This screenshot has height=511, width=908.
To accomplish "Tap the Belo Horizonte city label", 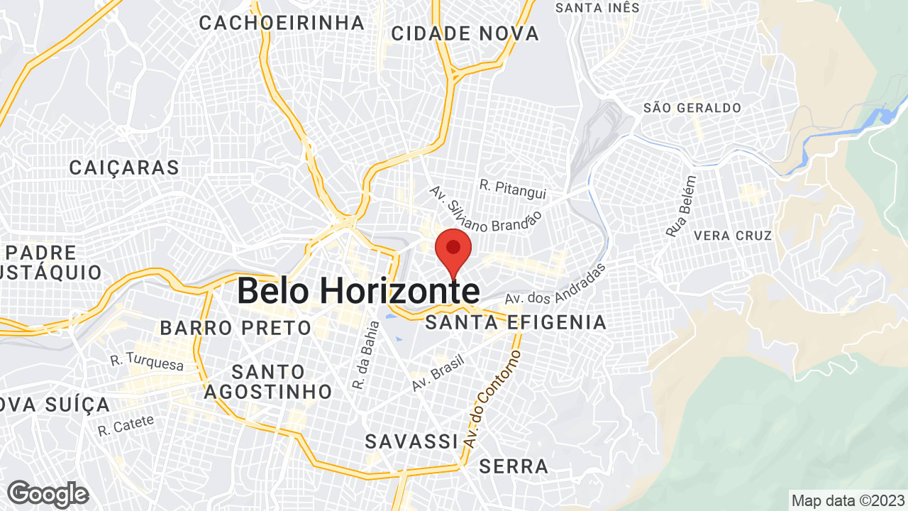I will point(358,291).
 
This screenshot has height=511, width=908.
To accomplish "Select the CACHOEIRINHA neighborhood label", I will point(282,23).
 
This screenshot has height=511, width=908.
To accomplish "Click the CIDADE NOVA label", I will point(465,33).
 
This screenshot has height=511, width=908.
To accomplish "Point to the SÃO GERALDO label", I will point(692,108).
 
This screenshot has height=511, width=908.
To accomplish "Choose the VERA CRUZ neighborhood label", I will point(733,236).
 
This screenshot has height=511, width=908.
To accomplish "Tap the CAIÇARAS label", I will point(124,168).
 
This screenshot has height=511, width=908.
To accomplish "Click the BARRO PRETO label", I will point(236,328).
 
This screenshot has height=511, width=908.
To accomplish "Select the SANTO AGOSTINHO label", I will point(268,381).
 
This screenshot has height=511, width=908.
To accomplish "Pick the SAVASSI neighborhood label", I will point(411,441).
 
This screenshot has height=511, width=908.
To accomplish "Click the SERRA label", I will point(514,466).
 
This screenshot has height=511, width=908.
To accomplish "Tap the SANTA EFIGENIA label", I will point(516,323).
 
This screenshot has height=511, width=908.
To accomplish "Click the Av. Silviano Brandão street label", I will point(486,212).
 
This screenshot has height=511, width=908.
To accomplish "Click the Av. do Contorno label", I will point(492,399).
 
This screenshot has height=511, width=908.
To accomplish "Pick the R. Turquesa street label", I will point(147,363).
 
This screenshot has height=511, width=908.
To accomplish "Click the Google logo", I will point(48,494).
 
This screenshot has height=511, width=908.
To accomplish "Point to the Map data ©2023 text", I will point(848,500).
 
